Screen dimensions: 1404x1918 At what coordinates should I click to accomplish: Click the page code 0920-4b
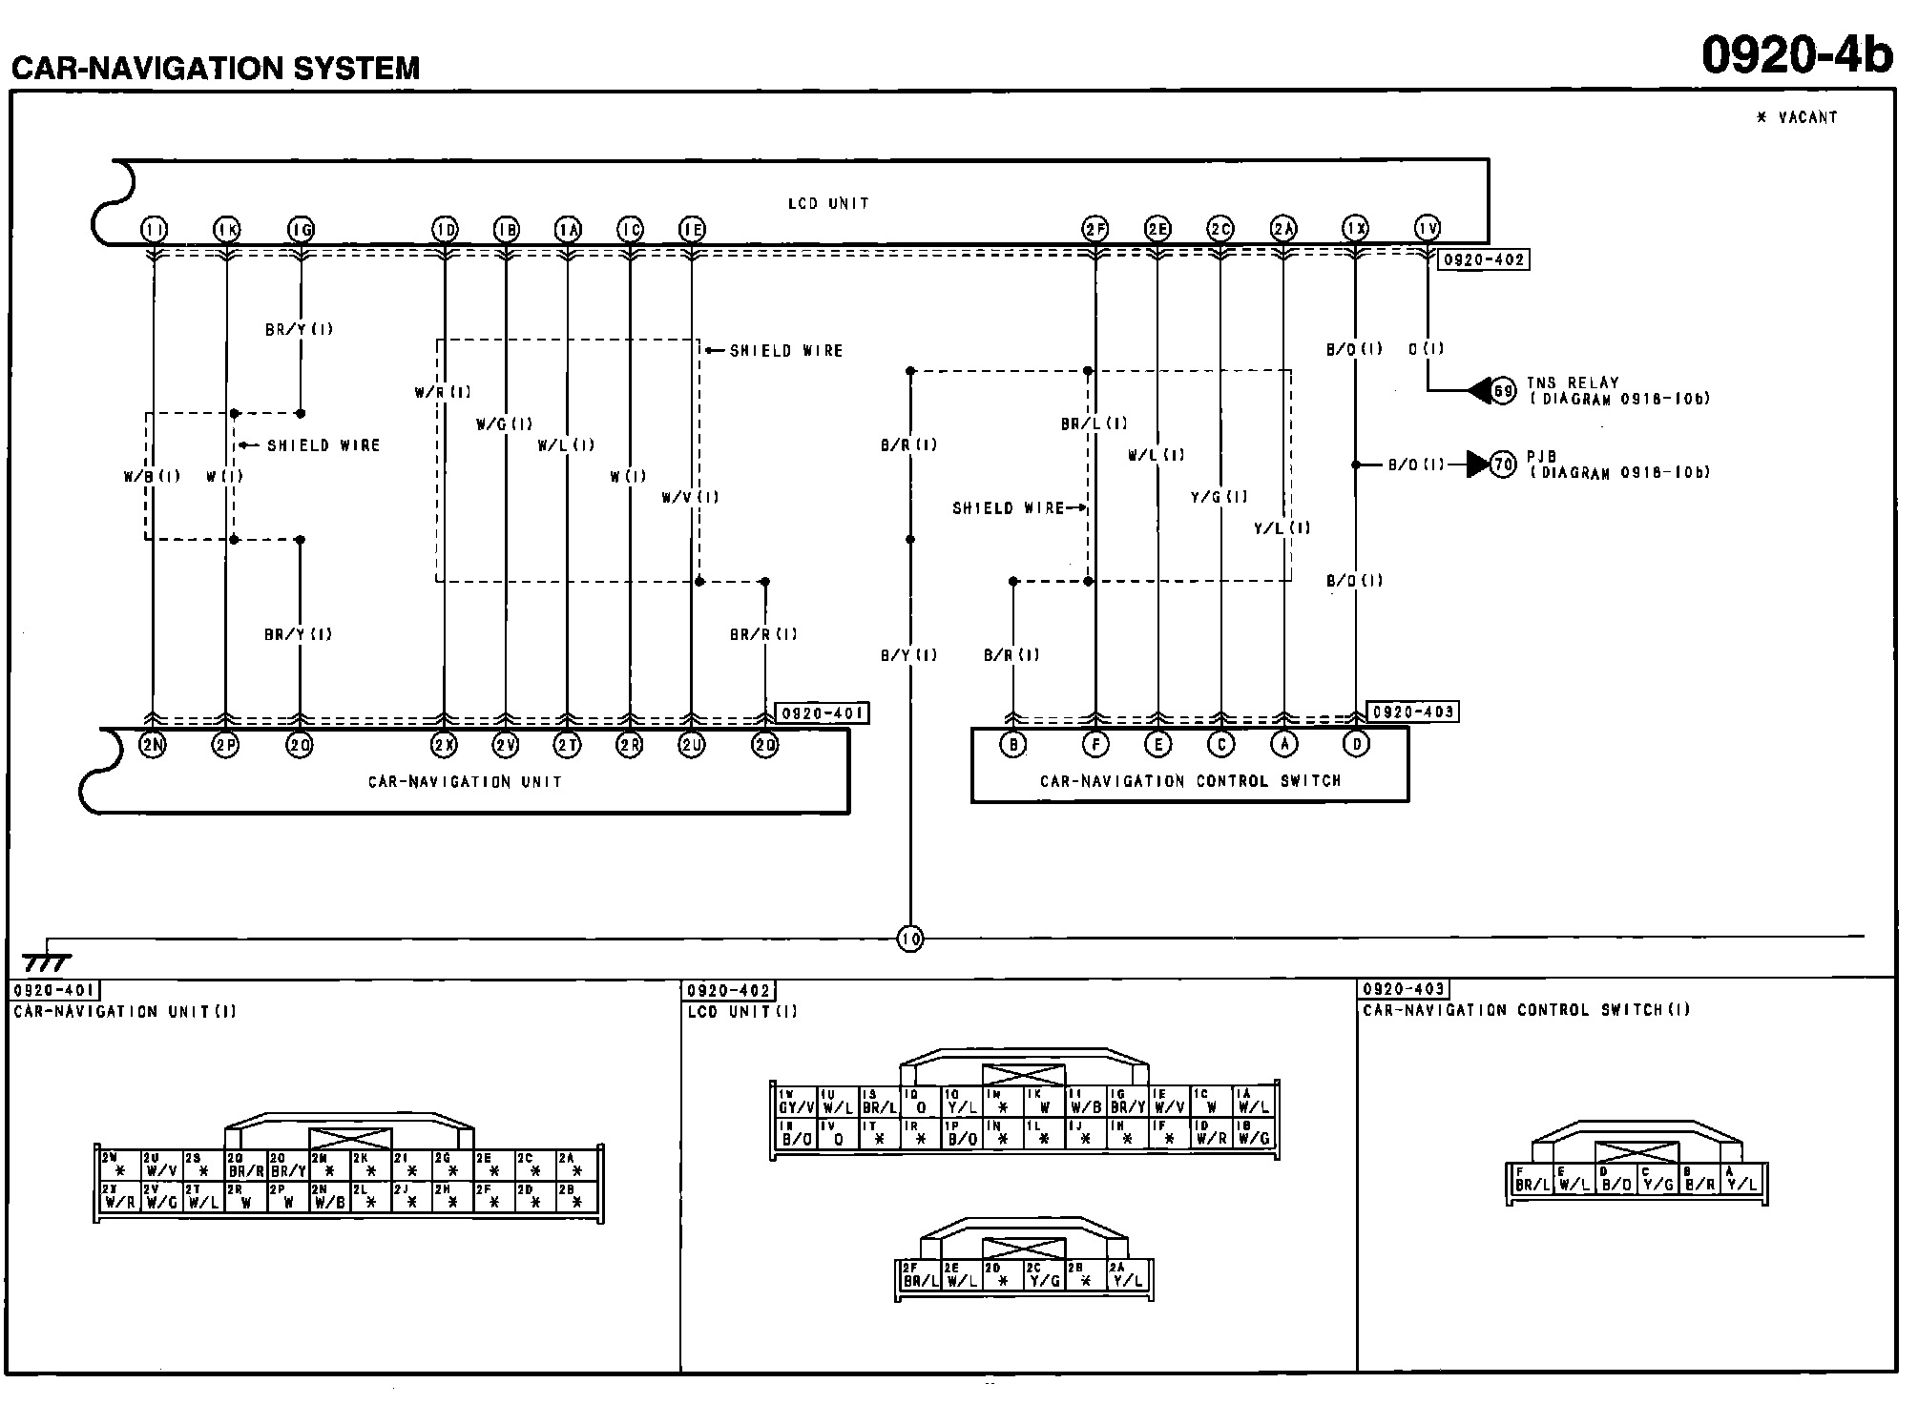1797,55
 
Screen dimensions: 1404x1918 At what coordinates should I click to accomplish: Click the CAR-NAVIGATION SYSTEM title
216,69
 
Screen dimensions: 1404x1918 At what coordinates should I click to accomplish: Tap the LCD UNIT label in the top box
828,203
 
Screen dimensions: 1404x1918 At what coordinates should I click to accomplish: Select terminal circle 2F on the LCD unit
1095,229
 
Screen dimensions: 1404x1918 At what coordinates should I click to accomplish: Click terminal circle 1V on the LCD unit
1427,228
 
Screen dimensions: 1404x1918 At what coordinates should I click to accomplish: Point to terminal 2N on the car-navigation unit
153,745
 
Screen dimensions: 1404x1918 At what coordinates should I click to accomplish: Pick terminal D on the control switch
1356,744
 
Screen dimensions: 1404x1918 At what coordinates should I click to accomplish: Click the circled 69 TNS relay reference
1503,390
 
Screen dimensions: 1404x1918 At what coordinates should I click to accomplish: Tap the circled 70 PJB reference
1503,465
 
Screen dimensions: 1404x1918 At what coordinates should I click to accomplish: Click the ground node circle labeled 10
910,939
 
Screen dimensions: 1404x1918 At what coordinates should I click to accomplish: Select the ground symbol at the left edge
46,961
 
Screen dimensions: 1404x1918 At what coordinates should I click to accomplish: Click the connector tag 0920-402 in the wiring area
1483,259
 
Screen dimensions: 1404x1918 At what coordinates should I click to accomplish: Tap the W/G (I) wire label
504,424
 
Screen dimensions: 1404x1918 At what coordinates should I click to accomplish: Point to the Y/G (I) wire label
1219,497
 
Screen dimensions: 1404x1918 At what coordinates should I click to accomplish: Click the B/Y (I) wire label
908,655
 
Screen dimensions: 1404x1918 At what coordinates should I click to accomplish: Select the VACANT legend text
1797,117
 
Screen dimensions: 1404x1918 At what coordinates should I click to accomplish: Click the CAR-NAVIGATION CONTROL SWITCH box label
1190,780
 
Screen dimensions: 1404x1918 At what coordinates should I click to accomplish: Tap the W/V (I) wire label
690,497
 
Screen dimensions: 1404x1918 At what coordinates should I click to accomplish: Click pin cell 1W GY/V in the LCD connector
795,1103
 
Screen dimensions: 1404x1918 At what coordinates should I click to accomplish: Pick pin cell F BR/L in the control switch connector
1532,1180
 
